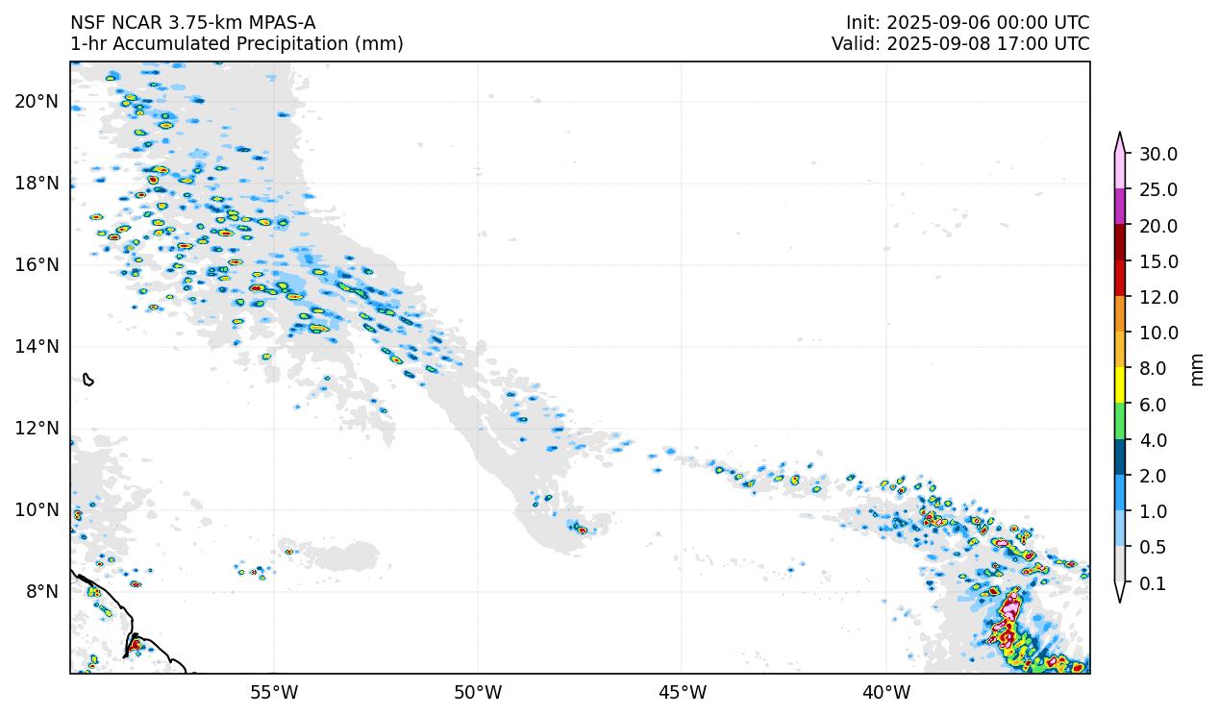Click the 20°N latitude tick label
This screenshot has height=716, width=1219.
(37, 101)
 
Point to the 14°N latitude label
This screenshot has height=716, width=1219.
(37, 346)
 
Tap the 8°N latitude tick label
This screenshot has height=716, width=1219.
(41, 591)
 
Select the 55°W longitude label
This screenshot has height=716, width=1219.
(274, 692)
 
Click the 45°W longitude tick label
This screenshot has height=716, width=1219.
(682, 692)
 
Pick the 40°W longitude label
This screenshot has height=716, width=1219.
(886, 692)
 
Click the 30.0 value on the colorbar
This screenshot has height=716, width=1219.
(1158, 154)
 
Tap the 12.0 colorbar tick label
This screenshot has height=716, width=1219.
(1158, 297)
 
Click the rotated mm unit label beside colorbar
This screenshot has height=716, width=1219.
(1197, 369)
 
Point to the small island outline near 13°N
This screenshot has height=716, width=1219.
(88, 380)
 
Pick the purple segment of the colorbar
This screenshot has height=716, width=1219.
(1120, 208)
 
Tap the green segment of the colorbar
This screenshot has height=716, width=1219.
(1120, 422)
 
